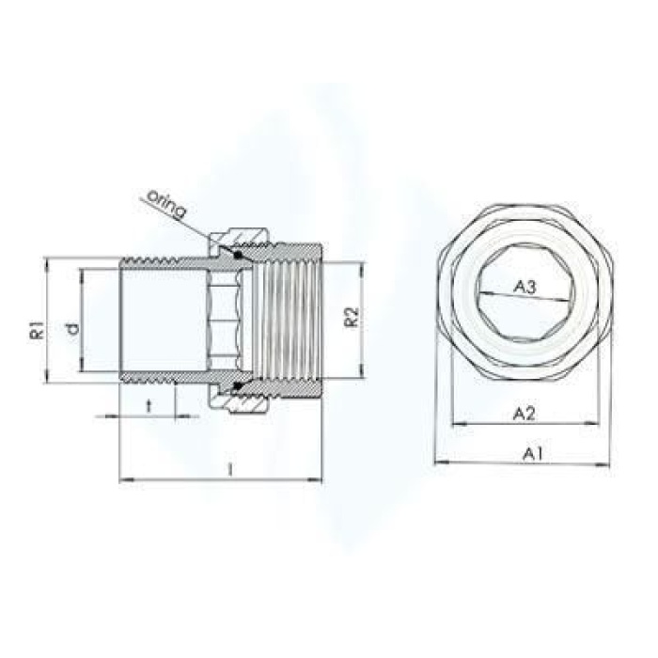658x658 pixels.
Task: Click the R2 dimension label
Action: tap(350, 317)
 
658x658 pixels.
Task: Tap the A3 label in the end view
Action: tap(526, 289)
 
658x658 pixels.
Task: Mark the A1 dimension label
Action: tap(533, 453)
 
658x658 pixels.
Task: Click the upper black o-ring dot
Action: tap(238, 254)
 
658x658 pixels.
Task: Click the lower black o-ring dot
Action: tap(238, 384)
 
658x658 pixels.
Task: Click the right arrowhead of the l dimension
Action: tap(317, 481)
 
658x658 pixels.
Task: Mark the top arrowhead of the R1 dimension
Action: tap(44, 261)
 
